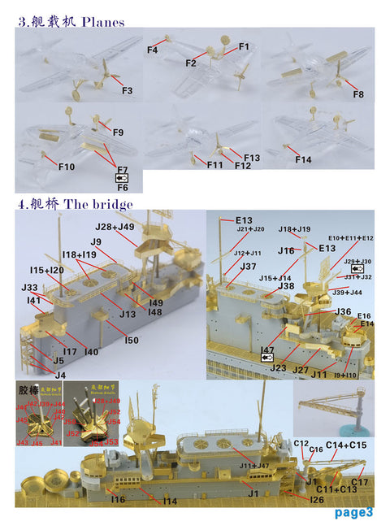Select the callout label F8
point(357,95)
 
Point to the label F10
point(67,167)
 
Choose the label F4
point(152,50)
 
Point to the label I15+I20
point(47,270)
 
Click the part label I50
point(132,339)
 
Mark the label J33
point(29,288)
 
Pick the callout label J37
point(249,267)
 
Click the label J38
point(286,286)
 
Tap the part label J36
point(343,311)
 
